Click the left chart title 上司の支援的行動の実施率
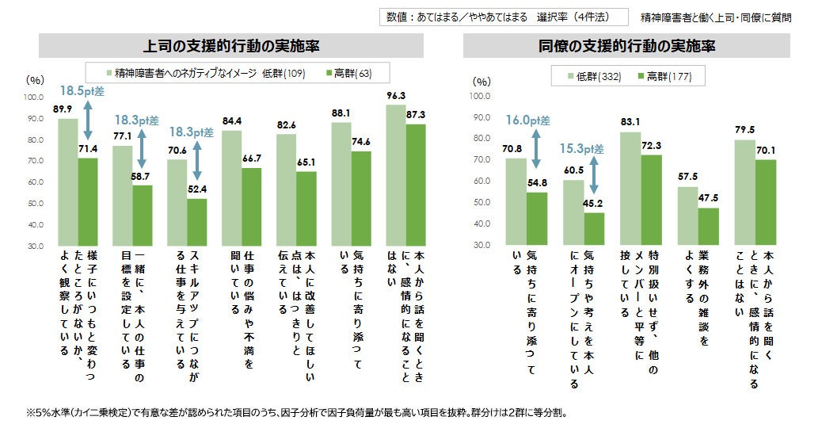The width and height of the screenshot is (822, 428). click(x=226, y=45)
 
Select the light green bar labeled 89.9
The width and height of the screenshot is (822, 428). click(x=68, y=182)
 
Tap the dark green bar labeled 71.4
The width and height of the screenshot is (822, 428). click(x=87, y=201)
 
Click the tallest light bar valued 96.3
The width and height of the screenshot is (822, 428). click(x=396, y=174)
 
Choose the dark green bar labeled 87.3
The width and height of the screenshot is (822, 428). click(x=416, y=185)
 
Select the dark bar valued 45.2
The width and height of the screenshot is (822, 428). click(x=593, y=228)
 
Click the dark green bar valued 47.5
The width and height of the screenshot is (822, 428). click(x=708, y=226)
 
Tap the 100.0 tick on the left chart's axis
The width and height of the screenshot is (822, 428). click(x=34, y=97)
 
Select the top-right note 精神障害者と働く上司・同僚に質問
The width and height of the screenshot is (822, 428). click(x=714, y=17)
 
